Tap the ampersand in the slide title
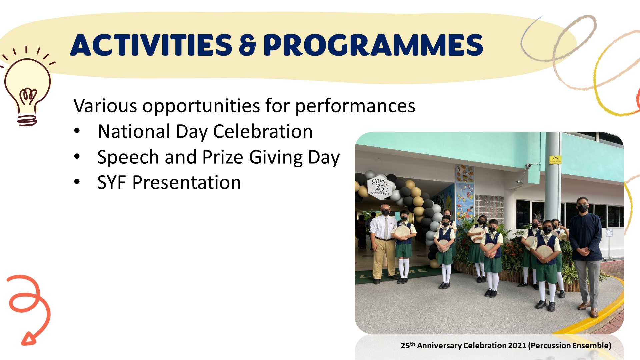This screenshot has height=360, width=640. [x=248, y=45]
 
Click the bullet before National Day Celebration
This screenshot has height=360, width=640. [x=77, y=131]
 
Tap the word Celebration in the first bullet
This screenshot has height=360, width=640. [x=263, y=131]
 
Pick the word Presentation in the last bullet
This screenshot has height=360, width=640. [x=187, y=183]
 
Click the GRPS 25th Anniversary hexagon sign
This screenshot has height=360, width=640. [x=380, y=187]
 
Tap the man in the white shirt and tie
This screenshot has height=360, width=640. [x=383, y=243]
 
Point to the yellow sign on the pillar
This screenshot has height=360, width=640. [x=555, y=160]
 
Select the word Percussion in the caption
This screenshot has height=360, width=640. [x=551, y=346]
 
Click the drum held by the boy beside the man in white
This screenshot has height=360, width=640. [x=402, y=232]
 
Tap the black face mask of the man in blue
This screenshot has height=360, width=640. [x=583, y=209]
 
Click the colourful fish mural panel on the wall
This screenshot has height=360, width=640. [x=464, y=193]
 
